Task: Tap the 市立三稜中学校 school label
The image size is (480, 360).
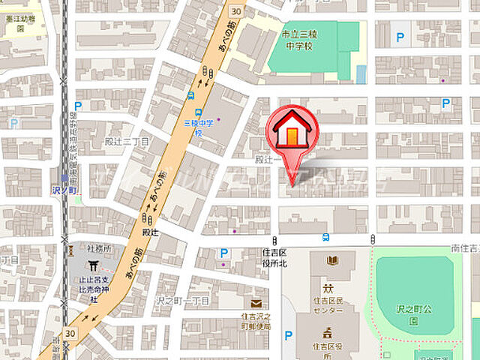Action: click(x=291, y=40)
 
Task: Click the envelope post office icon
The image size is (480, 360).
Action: click(x=256, y=303)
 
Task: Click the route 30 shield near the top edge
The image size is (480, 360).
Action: click(x=237, y=10)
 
